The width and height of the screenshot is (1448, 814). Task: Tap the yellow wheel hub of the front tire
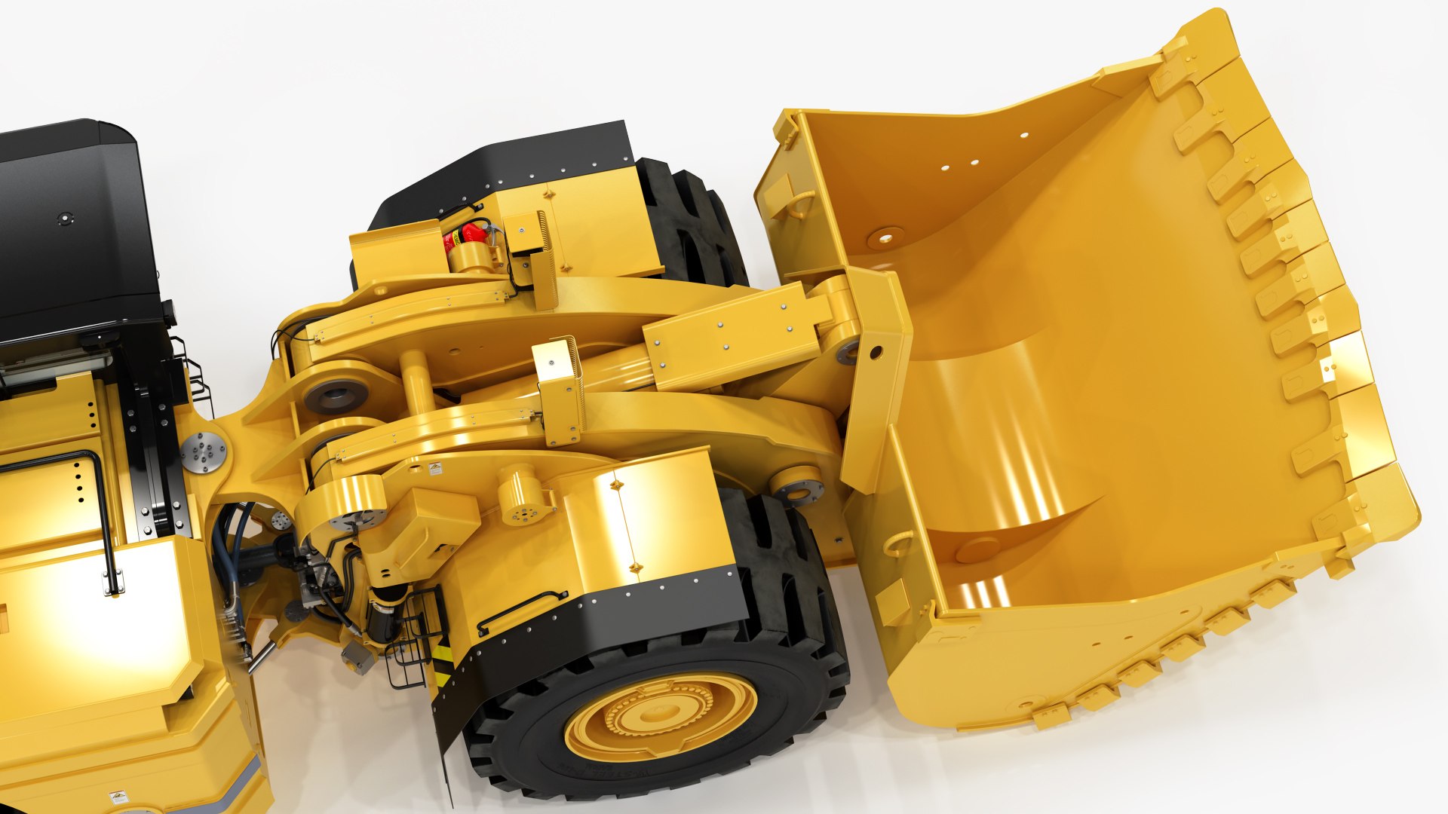[661, 716]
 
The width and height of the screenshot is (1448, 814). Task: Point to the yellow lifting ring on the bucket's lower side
[899, 543]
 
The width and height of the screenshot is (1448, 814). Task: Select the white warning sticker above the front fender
[435, 469]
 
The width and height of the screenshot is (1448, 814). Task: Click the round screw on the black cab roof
[66, 219]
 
